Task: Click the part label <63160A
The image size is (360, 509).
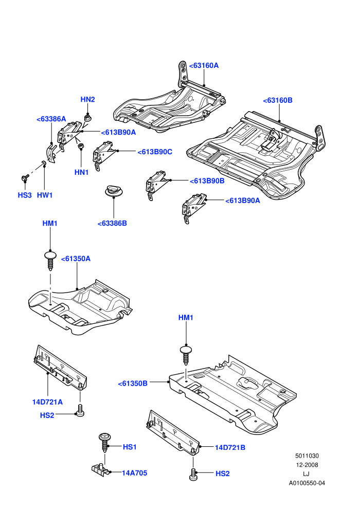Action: pos(204,66)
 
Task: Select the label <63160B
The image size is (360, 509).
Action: pos(278,100)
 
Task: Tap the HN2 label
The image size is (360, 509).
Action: pos(87,99)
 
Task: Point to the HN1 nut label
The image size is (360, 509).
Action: pos(81,172)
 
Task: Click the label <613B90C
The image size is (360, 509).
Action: pos(155,152)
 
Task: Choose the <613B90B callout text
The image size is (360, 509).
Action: pos(207,181)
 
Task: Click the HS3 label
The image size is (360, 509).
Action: pos(25,195)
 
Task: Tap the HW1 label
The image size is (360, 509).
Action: pos(45,195)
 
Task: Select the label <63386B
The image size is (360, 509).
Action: pos(112,223)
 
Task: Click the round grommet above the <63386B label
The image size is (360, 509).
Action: pos(114,191)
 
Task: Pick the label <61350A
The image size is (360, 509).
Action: pos(76,259)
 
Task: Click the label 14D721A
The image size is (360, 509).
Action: pos(47,402)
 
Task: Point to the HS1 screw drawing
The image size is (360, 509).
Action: pos(104,442)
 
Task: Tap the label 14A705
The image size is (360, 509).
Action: pos(134,473)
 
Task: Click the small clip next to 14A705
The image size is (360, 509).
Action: pos(101,469)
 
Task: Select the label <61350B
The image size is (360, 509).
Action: pos(133,384)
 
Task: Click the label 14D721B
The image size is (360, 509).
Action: pos(230,447)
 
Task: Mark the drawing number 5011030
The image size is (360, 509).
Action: pos(307,456)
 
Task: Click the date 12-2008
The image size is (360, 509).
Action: pos(307,465)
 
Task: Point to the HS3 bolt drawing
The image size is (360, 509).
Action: pos(25,178)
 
